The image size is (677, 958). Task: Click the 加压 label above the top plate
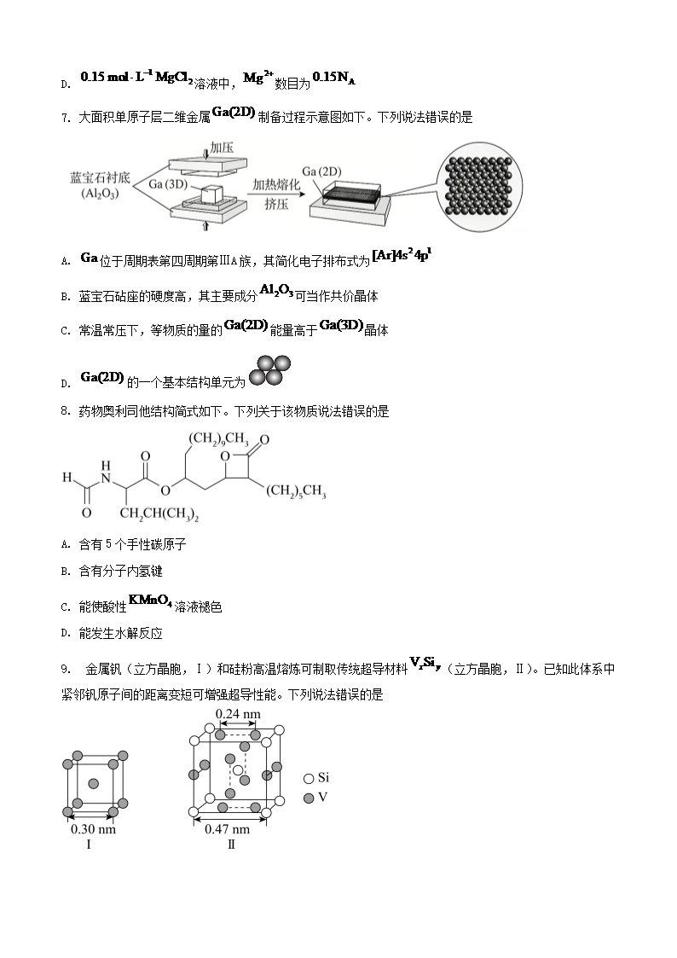pos(222,148)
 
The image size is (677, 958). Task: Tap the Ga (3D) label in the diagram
pos(168,183)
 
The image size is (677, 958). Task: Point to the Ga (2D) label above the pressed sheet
pos(321,171)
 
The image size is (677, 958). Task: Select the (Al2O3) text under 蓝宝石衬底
pos(100,194)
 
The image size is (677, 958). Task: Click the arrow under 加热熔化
pos(275,195)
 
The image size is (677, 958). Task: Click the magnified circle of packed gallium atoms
pos(479,186)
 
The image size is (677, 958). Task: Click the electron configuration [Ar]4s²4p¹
pos(402,256)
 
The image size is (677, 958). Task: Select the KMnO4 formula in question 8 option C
pos(150,601)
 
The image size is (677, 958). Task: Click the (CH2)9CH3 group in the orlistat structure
pos(218,439)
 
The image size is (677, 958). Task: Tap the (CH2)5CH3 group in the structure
pos(296,491)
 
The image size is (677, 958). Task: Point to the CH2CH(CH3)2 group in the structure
pos(159,514)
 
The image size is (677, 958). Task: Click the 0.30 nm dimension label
pos(93,829)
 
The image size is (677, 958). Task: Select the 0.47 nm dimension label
pos(227,829)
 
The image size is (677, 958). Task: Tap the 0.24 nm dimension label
pos(238,714)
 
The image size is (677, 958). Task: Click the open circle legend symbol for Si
pos(309,778)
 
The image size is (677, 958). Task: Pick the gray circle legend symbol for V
pos(309,798)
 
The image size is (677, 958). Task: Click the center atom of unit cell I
pos(94,783)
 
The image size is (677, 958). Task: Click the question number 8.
pos(66,411)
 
